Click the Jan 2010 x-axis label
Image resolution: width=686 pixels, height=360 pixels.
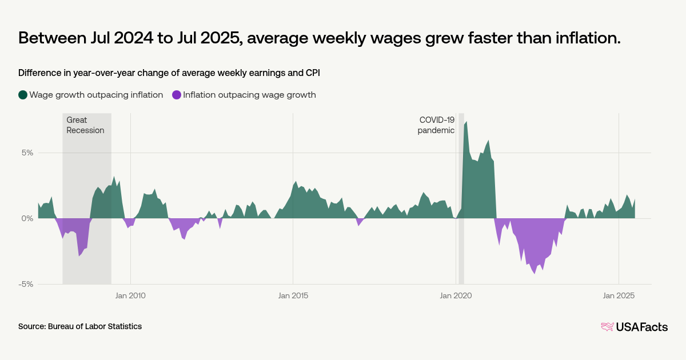point(130,295)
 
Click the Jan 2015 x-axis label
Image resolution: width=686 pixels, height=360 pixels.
point(293,295)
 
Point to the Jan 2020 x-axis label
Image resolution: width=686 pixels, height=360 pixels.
point(456,295)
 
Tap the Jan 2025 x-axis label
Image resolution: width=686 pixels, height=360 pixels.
point(619,295)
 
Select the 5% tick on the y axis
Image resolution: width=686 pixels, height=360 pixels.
point(27,153)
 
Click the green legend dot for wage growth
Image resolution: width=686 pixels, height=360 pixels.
point(23,95)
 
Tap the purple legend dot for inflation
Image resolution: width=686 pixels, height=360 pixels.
point(177,95)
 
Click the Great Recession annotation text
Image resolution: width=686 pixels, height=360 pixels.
point(85,125)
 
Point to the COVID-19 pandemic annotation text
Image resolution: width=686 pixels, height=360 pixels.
point(436,125)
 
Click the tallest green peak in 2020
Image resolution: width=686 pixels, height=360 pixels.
point(466,122)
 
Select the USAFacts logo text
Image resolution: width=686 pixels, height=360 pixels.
point(641,327)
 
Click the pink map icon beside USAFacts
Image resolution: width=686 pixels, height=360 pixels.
point(607,327)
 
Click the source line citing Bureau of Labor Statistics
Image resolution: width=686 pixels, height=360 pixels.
point(80,326)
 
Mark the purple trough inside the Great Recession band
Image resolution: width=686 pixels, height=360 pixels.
point(79,255)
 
